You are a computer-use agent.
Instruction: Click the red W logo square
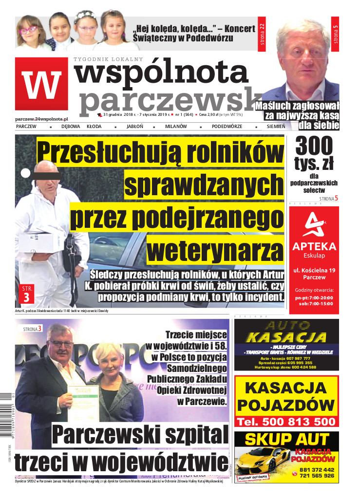(41, 84)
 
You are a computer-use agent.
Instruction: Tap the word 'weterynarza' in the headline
(215, 250)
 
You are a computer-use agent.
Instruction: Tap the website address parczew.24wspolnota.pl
(41, 118)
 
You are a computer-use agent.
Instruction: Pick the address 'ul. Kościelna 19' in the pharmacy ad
(314, 269)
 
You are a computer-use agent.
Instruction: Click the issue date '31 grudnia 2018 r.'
(122, 115)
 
